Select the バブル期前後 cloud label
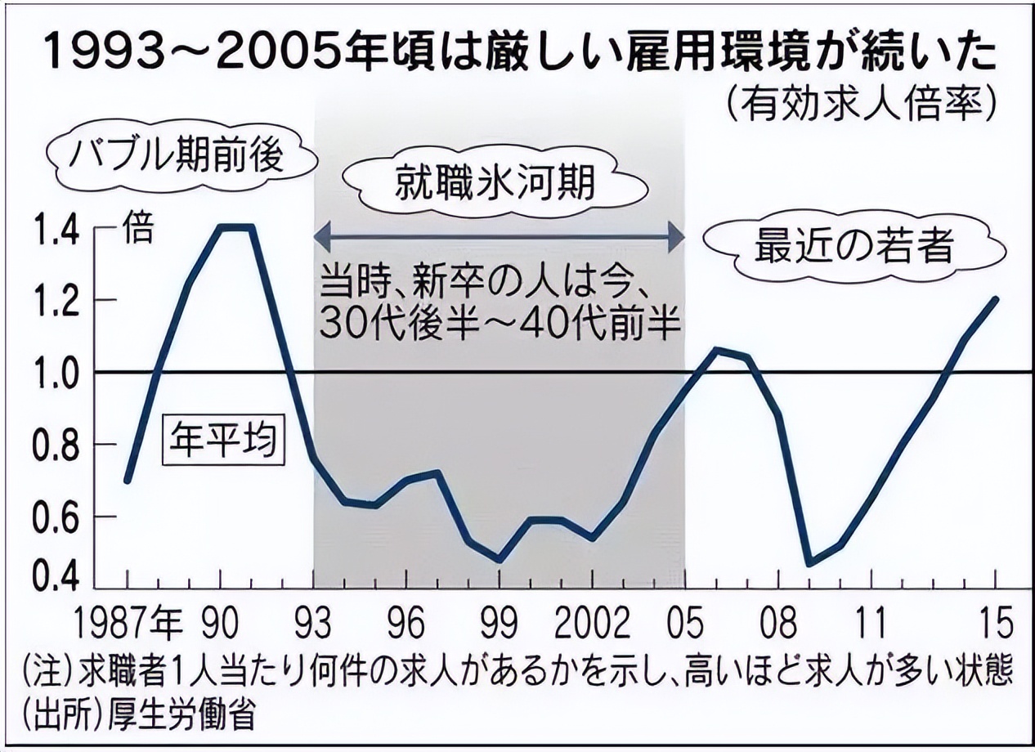[175, 154]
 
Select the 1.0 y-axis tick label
[56, 373]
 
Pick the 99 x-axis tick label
[498, 624]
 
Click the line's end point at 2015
[996, 298]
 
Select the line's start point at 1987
[127, 481]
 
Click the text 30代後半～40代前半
[500, 325]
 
